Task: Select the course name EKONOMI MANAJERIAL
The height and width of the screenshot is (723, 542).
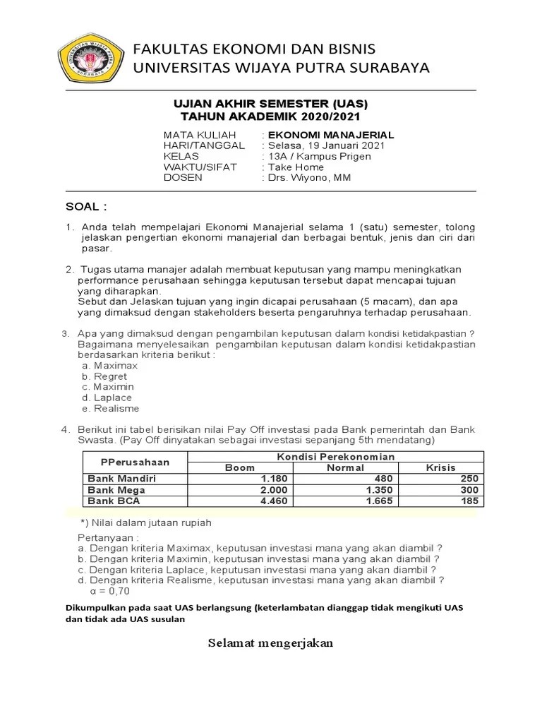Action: pyautogui.click(x=330, y=135)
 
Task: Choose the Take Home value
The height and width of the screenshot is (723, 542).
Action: pyautogui.click(x=295, y=167)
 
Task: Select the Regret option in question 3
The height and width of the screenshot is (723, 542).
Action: pyautogui.click(x=108, y=376)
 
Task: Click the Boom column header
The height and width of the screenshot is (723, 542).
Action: pyautogui.click(x=239, y=467)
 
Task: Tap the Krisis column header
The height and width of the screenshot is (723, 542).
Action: pyautogui.click(x=441, y=467)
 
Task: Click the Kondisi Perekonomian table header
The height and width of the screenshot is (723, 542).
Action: pyautogui.click(x=335, y=456)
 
